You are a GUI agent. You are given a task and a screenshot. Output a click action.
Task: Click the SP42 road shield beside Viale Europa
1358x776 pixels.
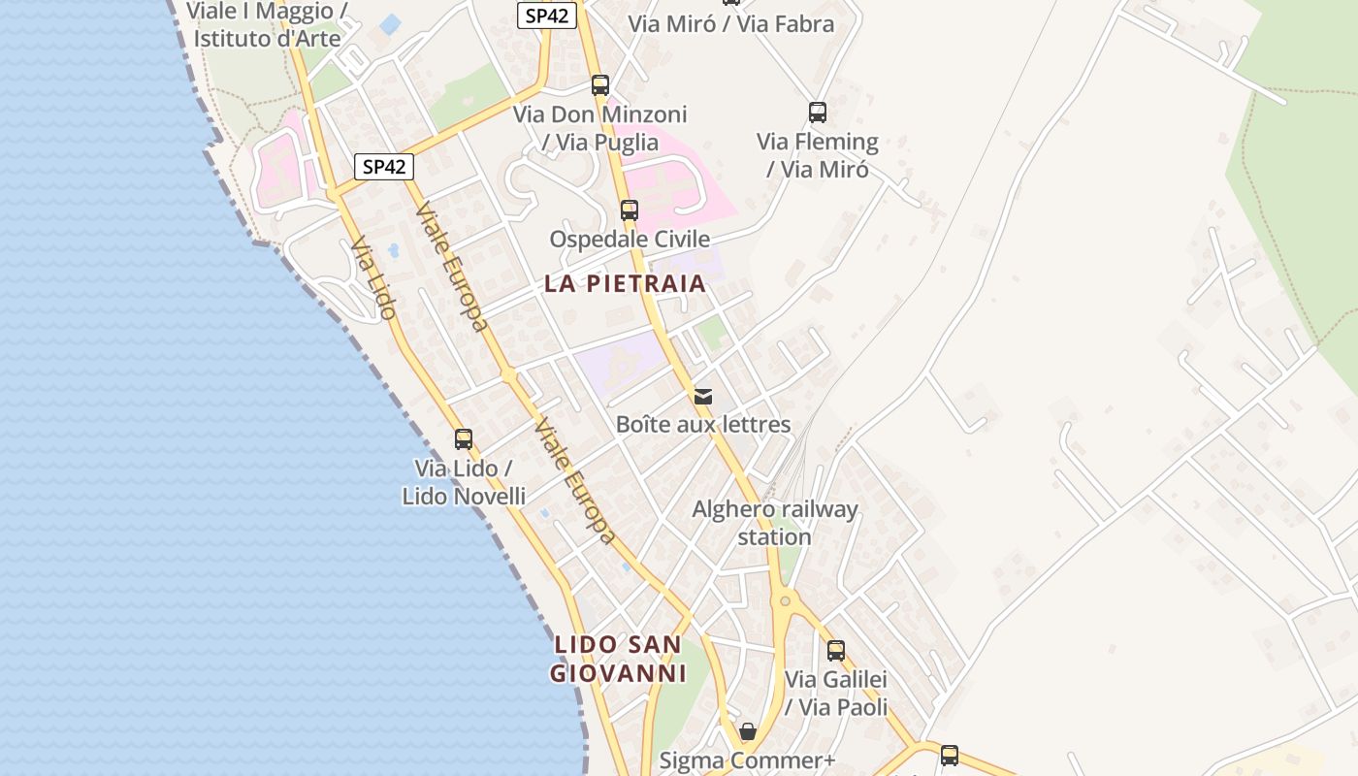coord(383,167)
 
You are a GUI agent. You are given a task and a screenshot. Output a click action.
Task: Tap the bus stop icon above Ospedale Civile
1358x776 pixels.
coord(630,210)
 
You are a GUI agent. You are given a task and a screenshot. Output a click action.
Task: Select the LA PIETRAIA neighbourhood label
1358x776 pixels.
coord(625,284)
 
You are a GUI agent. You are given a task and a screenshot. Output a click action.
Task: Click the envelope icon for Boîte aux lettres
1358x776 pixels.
coord(703,396)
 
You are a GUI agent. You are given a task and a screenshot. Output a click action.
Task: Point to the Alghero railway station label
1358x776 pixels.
coord(775,523)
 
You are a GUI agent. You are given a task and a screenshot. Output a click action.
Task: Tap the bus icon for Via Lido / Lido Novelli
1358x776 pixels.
coord(464,438)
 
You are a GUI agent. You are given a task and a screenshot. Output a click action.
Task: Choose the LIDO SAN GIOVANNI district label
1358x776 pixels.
coord(618,659)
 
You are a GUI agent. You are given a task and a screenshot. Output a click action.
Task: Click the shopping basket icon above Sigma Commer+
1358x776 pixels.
coord(748,730)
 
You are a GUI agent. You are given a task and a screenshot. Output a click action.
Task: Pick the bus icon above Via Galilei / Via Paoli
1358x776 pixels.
coord(836,650)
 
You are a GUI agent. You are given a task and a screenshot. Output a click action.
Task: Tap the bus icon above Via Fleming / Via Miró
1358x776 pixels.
coord(818,113)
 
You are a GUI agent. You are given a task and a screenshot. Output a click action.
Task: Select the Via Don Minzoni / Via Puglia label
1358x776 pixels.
coord(600,128)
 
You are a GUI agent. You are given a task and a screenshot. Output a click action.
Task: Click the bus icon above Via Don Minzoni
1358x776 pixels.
coord(600,84)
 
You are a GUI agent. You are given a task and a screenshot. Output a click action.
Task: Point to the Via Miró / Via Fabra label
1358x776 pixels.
coord(731,24)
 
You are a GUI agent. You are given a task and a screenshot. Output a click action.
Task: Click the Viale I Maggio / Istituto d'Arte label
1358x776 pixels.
coord(268,25)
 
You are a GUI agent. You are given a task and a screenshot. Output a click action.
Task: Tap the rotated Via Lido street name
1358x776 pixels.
coord(374,278)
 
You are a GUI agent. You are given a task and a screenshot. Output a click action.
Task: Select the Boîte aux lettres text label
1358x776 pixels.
coord(703,425)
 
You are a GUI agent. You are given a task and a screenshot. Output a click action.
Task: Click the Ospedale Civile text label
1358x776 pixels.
coord(630,239)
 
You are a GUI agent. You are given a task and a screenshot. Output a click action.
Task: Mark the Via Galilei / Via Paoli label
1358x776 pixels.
coord(836,694)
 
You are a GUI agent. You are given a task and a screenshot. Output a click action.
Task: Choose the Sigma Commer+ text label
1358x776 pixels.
coord(747,760)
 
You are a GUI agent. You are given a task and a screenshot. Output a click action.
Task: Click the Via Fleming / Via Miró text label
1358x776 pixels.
coord(818,155)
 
